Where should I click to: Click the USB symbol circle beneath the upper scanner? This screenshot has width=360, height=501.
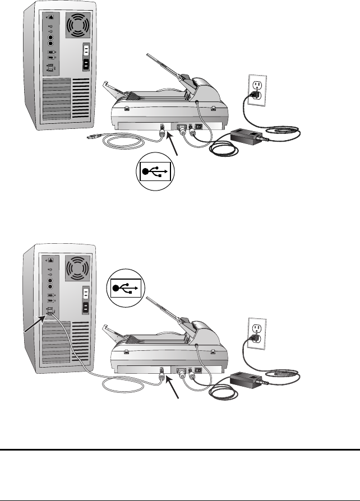154,172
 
